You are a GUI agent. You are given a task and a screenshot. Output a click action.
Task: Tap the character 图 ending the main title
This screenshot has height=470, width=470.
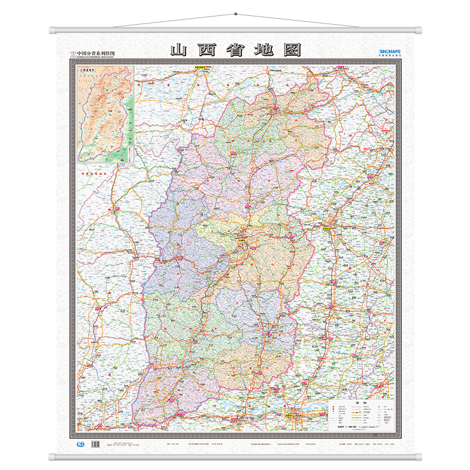coord(291,49)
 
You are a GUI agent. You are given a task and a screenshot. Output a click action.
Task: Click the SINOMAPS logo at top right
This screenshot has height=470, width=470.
coord(386,52)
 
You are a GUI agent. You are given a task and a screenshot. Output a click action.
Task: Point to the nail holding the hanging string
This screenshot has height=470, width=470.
coord(235,14)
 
